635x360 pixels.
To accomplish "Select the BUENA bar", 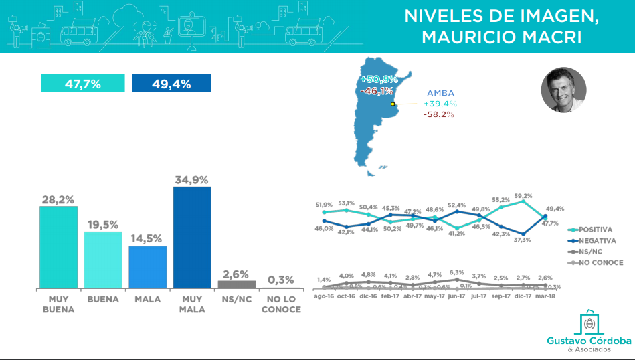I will [x=102, y=260].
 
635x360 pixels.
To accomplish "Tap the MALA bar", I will [x=147, y=267].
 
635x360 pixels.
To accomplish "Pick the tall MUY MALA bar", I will [x=192, y=238].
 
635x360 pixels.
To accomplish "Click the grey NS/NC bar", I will [x=236, y=284].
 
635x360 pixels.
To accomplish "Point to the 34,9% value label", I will [x=192, y=179].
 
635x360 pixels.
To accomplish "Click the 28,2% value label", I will [x=58, y=199].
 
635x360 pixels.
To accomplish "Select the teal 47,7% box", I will [x=83, y=84].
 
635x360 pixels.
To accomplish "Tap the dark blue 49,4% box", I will [x=172, y=84].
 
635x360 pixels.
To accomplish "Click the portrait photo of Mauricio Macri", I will [x=563, y=90].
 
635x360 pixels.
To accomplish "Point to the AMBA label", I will [x=442, y=93].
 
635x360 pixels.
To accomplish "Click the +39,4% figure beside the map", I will [x=440, y=104].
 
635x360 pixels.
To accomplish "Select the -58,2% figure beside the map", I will [x=439, y=114].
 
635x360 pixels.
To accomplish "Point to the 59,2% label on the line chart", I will [x=523, y=196].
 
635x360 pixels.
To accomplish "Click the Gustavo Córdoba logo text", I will [x=589, y=341].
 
